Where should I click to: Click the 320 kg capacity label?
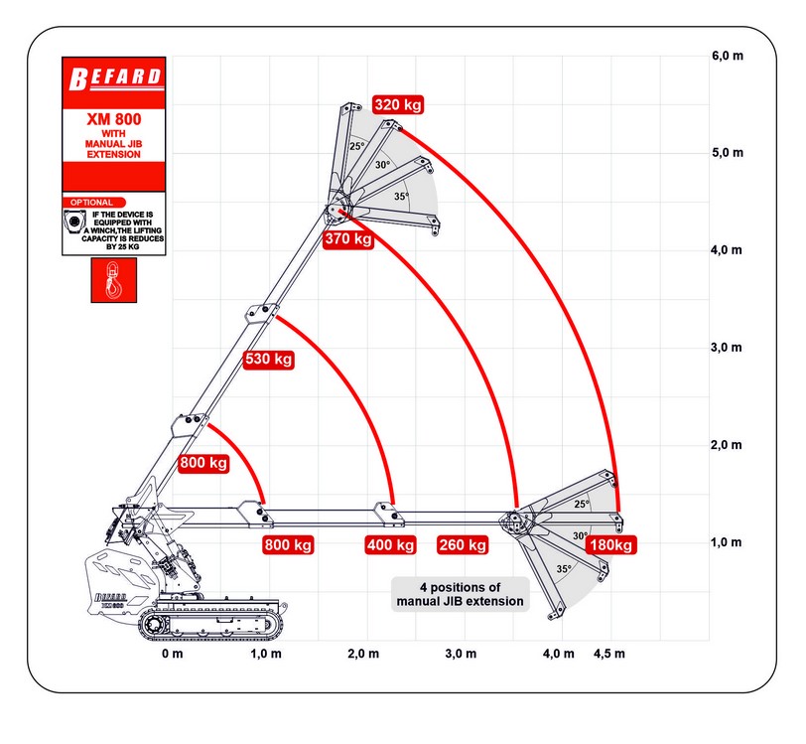399,103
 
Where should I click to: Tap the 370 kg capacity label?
349,238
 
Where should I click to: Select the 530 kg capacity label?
269,359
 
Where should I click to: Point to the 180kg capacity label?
610,544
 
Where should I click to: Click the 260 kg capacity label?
463,544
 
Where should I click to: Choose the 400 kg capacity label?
390,544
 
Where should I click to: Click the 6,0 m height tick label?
727,56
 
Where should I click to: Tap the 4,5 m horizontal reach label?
609,653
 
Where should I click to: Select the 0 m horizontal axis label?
173,653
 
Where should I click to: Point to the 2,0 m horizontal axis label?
365,653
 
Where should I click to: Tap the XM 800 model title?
113,119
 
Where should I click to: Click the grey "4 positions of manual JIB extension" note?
461,593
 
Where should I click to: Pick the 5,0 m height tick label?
727,153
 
